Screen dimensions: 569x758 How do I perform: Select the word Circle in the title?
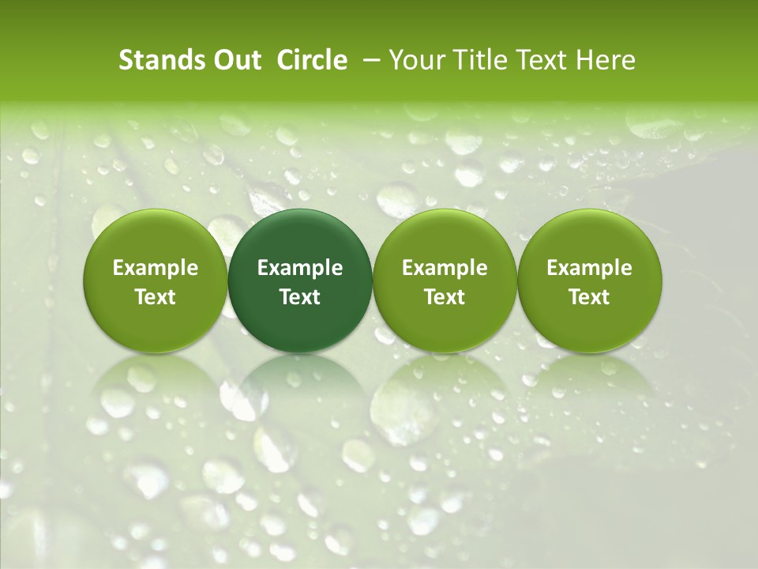pyautogui.click(x=312, y=60)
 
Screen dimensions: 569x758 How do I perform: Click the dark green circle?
pyautogui.click(x=300, y=281)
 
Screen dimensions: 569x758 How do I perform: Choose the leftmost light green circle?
pyautogui.click(x=156, y=281)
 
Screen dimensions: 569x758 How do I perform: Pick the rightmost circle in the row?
pyautogui.click(x=590, y=281)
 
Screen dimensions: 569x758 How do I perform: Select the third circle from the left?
pyautogui.click(x=445, y=281)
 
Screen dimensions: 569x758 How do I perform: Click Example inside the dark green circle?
pyautogui.click(x=300, y=268)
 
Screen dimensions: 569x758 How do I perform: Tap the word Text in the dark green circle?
pyautogui.click(x=300, y=297)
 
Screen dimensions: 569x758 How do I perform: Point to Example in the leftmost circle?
pyautogui.click(x=156, y=268)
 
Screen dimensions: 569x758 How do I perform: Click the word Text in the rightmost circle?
pyautogui.click(x=590, y=297)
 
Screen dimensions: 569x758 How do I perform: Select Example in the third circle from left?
pyautogui.click(x=445, y=268)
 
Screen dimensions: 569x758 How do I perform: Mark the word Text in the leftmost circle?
pyautogui.click(x=156, y=297)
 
